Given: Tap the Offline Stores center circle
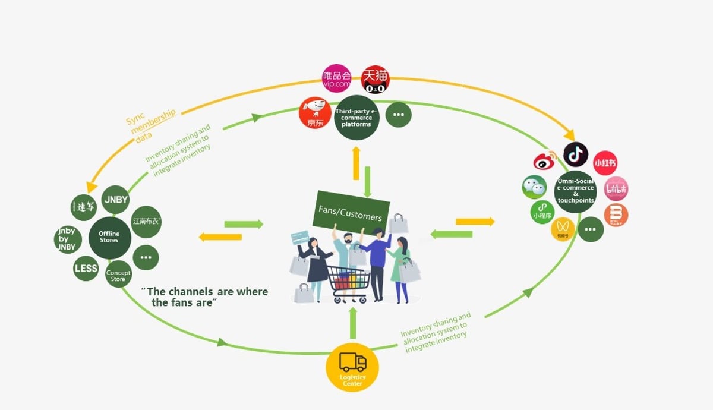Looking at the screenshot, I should pyautogui.click(x=109, y=237).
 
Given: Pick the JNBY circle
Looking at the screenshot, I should pyautogui.click(x=115, y=200).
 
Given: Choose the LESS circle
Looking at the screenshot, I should pyautogui.click(x=86, y=269).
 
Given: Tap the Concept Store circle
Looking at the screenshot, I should pyautogui.click(x=118, y=275).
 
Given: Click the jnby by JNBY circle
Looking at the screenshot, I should pyautogui.click(x=67, y=239).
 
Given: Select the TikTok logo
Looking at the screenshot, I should pyautogui.click(x=575, y=154).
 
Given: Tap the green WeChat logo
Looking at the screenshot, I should pyautogui.click(x=534, y=187).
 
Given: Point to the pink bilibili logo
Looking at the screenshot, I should pyautogui.click(x=616, y=189).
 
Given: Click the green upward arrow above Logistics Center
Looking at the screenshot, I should pyautogui.click(x=353, y=324).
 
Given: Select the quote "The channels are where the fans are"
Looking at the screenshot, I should pyautogui.click(x=205, y=297).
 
